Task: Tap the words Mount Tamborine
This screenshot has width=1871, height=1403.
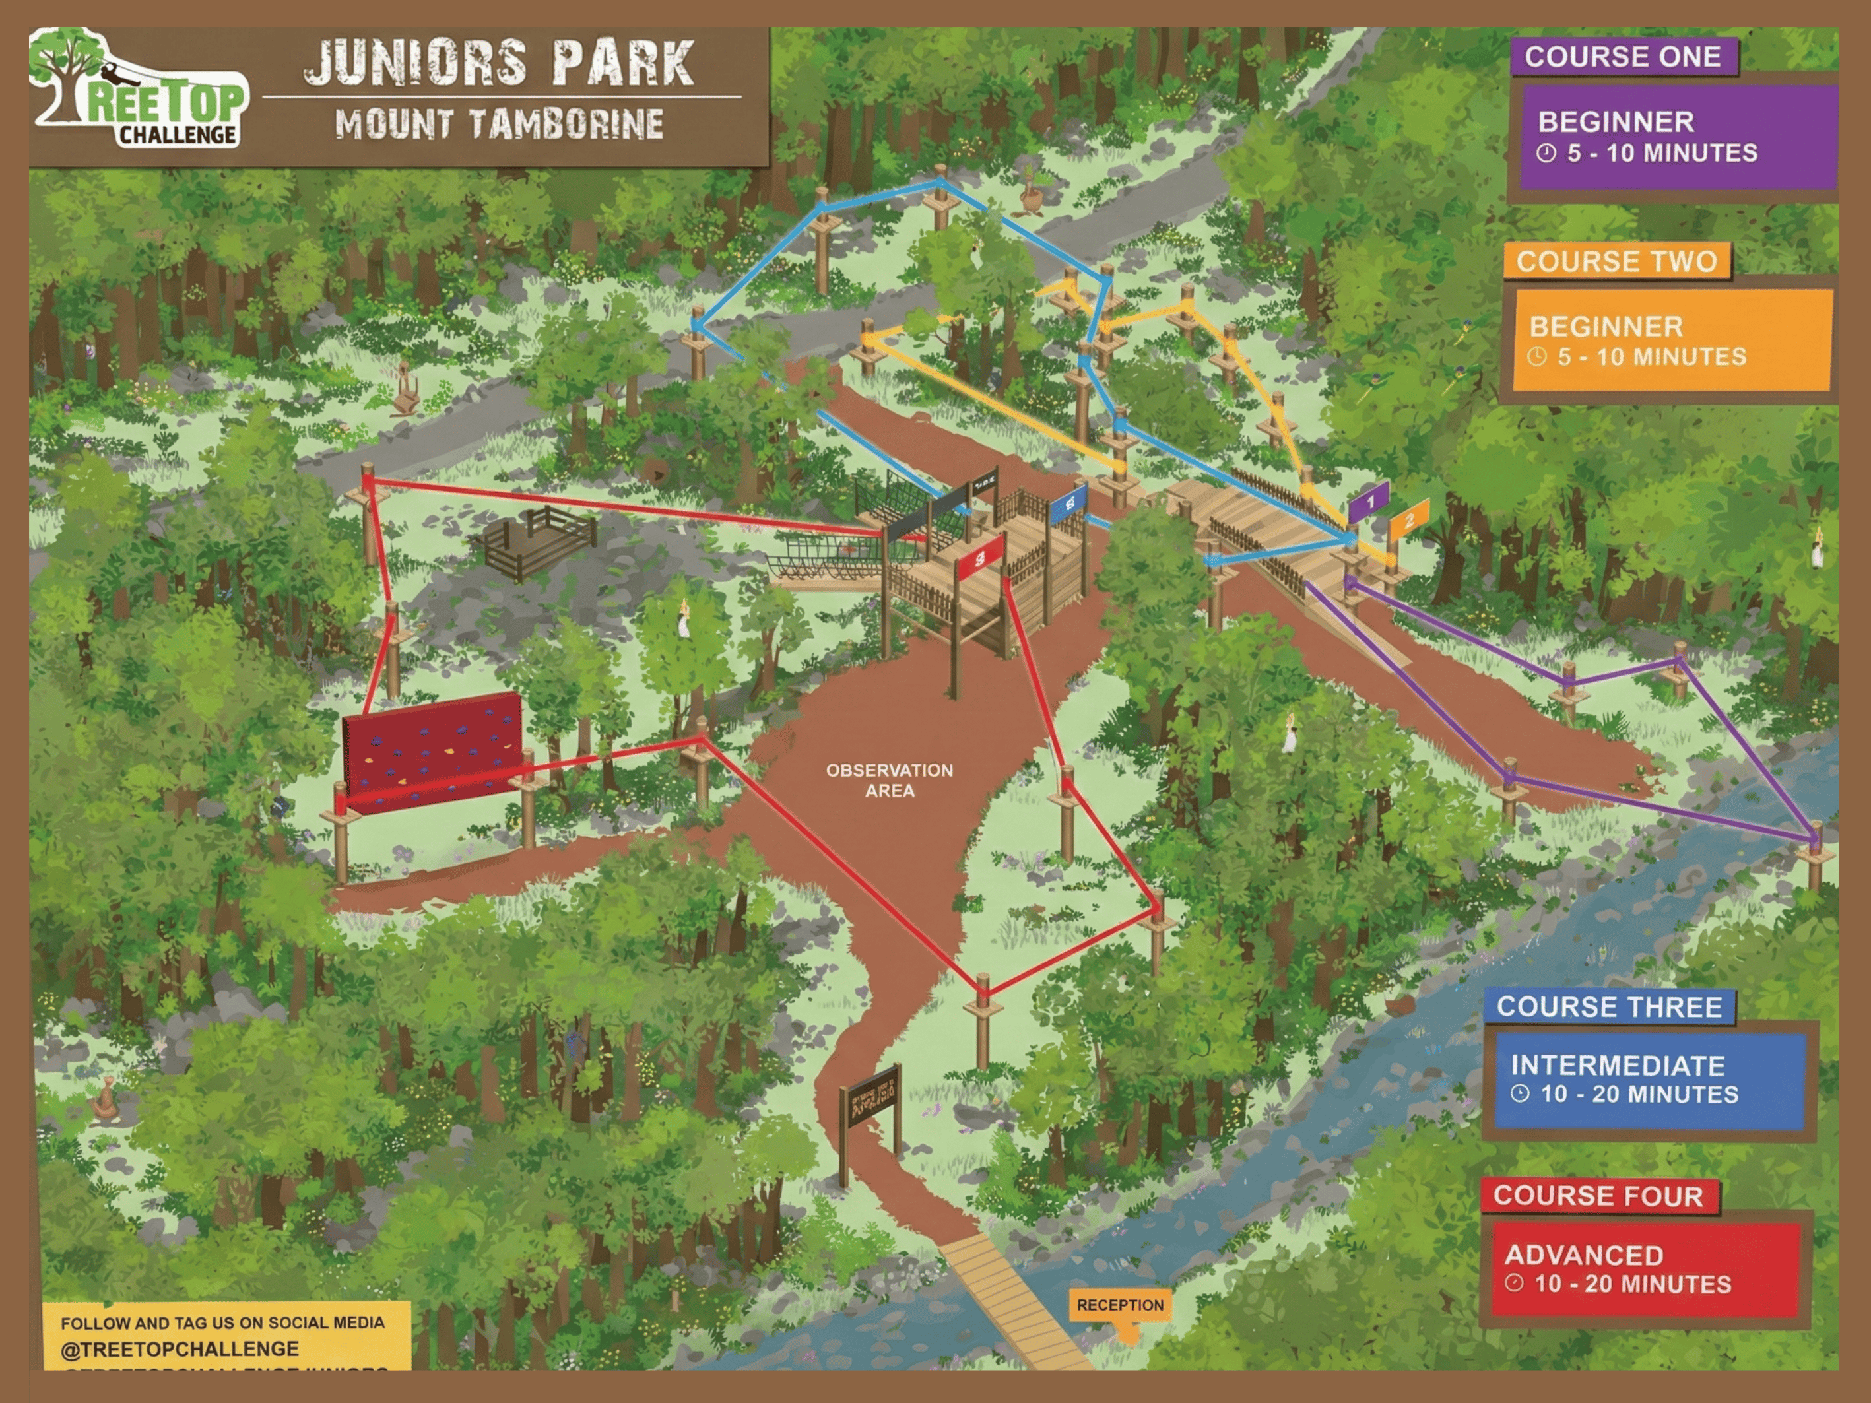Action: click(x=499, y=124)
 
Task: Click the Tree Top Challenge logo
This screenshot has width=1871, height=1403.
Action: click(x=139, y=89)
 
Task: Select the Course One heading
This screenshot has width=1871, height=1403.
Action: click(x=1622, y=57)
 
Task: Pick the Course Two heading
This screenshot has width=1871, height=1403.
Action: click(x=1616, y=261)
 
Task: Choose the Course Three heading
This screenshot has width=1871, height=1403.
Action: click(x=1609, y=1006)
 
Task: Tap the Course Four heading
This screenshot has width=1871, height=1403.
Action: click(x=1598, y=1196)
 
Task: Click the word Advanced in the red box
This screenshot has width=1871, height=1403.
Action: click(x=1583, y=1254)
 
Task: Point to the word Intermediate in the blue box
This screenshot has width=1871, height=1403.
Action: click(x=1618, y=1064)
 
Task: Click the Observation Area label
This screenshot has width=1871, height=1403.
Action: click(x=889, y=780)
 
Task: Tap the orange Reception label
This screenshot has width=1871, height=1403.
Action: click(x=1120, y=1305)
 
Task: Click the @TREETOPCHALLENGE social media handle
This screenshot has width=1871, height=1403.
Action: click(x=180, y=1349)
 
